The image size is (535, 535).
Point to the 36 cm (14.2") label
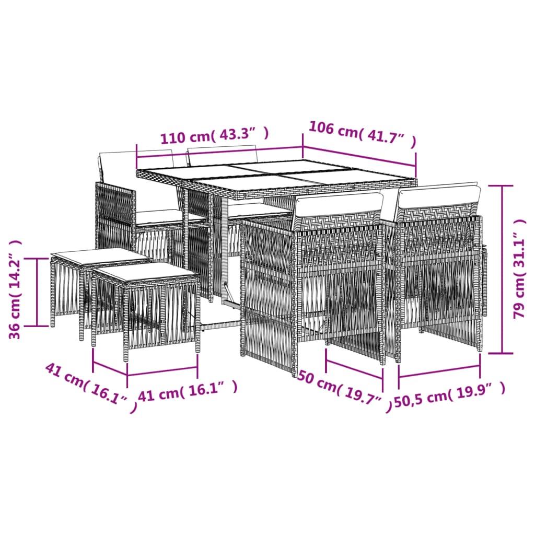[x=16, y=289]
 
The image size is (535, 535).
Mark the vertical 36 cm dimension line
[x=37, y=292]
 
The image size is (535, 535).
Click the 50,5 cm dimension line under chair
[x=439, y=370]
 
